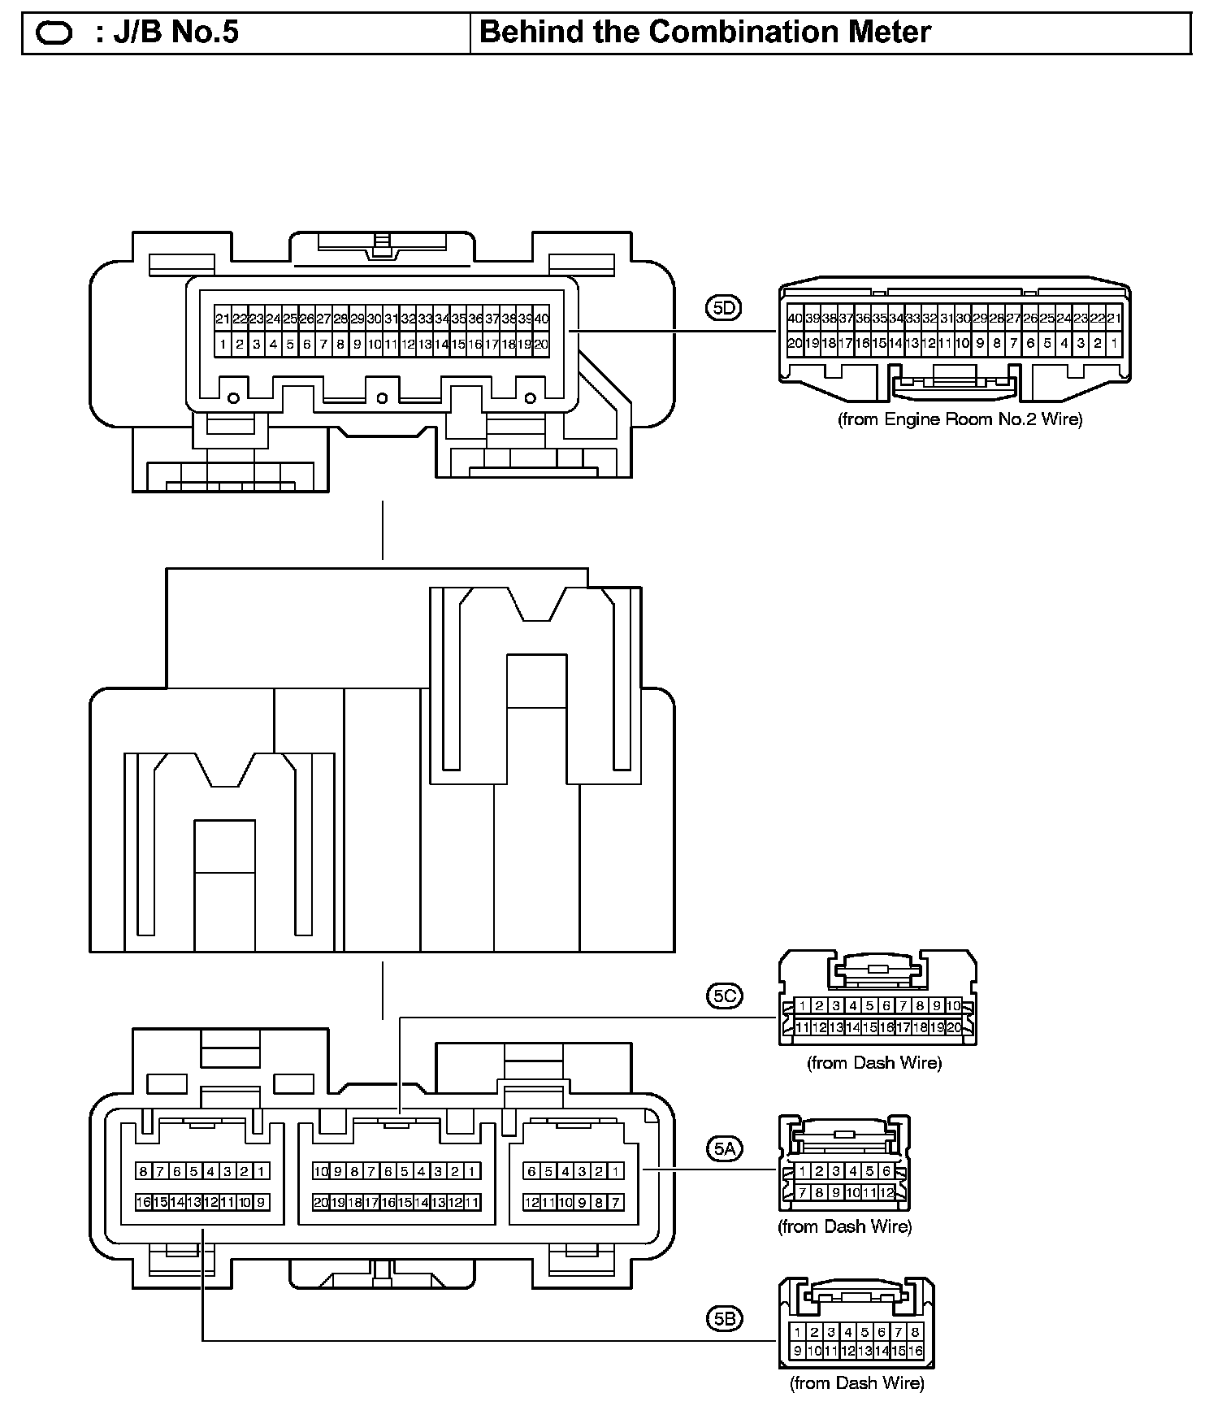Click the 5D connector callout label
[723, 308]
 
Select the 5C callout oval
[723, 996]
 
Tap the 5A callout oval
[723, 1148]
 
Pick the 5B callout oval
[723, 1319]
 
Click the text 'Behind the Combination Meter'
[705, 33]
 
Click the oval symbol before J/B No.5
[54, 34]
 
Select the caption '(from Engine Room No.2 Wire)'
[960, 419]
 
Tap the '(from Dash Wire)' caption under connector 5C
[873, 1063]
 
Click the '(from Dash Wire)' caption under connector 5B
[856, 1382]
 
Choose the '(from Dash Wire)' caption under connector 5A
[844, 1226]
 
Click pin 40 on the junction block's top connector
[542, 319]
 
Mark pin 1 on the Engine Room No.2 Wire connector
[1114, 343]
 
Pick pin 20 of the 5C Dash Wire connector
[954, 1027]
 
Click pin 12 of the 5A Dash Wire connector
[886, 1192]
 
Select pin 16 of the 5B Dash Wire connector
[916, 1351]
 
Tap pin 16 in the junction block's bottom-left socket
[144, 1202]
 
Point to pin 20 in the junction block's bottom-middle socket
[321, 1202]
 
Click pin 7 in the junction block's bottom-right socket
[616, 1202]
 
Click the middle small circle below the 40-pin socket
[382, 397]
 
